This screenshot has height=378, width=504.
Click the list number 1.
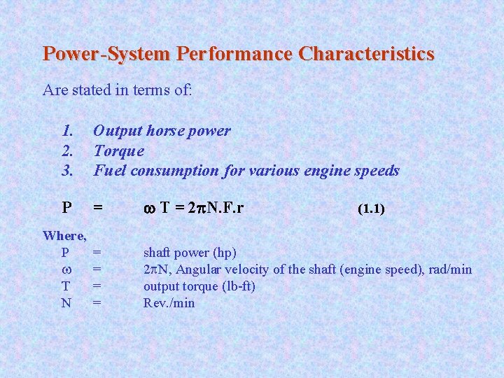pyautogui.click(x=68, y=131)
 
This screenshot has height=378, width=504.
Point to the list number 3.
pyautogui.click(x=68, y=170)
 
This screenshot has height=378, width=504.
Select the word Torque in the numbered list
pyautogui.click(x=118, y=150)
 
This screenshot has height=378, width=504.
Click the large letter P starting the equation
pyautogui.click(x=66, y=208)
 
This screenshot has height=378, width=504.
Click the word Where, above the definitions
pyautogui.click(x=64, y=234)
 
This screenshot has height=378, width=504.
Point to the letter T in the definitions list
pyautogui.click(x=66, y=286)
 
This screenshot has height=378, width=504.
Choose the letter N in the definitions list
pyautogui.click(x=66, y=303)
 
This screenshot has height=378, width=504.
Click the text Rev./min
pyautogui.click(x=169, y=303)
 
